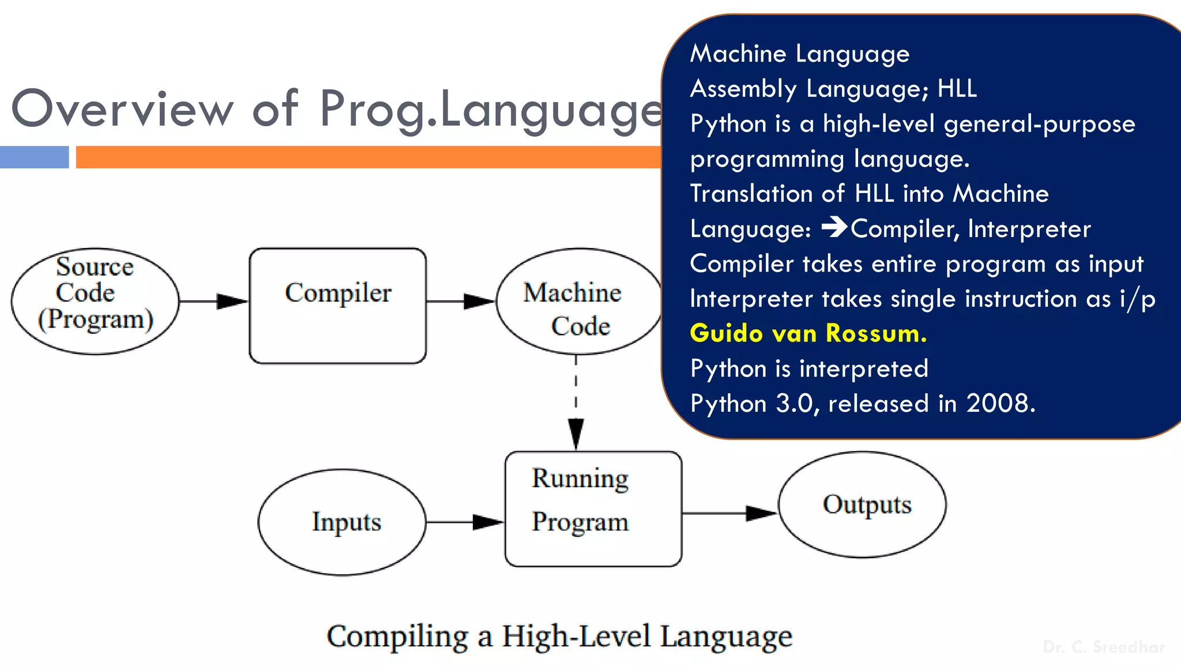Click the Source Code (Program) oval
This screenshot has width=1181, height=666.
95,301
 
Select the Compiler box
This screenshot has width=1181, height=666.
338,306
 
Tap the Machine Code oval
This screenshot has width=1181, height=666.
578,302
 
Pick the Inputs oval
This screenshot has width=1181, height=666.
342,522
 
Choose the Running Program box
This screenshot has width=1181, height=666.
593,509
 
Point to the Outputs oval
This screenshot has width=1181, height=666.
862,505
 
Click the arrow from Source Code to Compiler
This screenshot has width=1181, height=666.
214,301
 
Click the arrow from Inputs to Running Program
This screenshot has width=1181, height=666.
465,522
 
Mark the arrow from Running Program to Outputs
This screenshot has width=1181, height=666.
729,513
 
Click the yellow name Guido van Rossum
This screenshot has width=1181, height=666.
808,333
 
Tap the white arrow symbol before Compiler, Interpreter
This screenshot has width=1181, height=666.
834,227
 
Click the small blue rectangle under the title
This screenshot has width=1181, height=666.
34,157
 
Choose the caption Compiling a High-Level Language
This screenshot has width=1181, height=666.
559,636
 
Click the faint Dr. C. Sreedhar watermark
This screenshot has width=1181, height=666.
1104,647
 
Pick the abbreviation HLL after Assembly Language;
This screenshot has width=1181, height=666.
957,89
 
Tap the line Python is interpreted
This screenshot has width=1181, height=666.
809,368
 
